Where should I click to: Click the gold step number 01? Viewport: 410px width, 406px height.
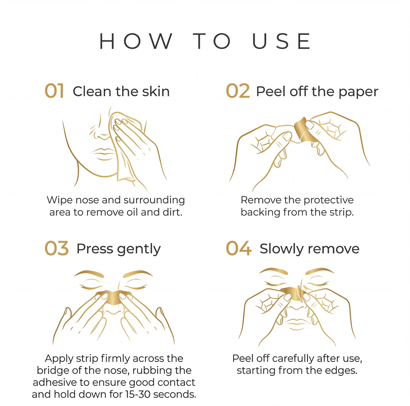coord(54,91)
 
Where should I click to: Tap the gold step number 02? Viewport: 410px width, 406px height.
coord(238,91)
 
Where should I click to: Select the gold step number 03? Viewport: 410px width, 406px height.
coord(56,248)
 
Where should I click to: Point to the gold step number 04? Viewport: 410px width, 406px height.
coord(239,248)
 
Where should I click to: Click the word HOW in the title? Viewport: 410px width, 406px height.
coord(136,41)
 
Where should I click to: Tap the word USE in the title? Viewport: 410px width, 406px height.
coord(281,41)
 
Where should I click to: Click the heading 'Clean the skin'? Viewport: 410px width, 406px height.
coord(121,91)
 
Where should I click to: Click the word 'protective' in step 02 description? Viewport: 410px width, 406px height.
coord(328,200)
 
